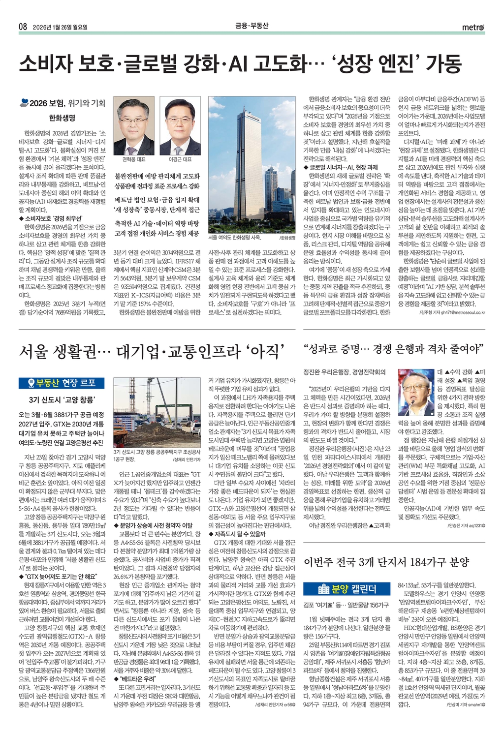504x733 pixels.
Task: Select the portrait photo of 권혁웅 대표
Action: click(134, 126)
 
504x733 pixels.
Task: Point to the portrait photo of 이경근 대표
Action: click(180, 126)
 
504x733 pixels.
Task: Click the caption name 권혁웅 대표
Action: click(134, 160)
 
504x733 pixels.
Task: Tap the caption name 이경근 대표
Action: click(180, 160)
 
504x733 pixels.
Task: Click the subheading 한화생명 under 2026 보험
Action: click(62, 118)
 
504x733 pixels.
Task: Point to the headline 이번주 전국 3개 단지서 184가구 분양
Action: click(386, 562)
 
